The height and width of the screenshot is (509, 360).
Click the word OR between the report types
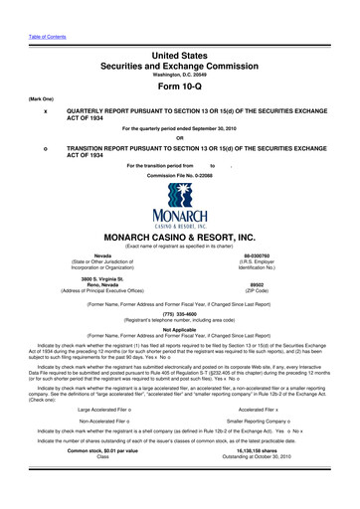(180, 137)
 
